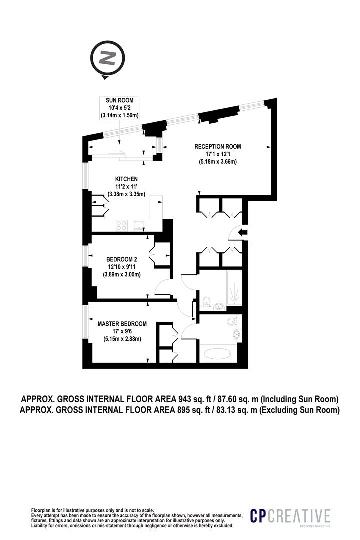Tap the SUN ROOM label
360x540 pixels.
point(119,101)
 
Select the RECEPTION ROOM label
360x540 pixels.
point(218,147)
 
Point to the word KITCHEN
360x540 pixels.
point(126,179)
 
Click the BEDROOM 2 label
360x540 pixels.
point(121,259)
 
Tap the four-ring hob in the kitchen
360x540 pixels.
point(121,225)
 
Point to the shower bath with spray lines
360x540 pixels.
point(233,288)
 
